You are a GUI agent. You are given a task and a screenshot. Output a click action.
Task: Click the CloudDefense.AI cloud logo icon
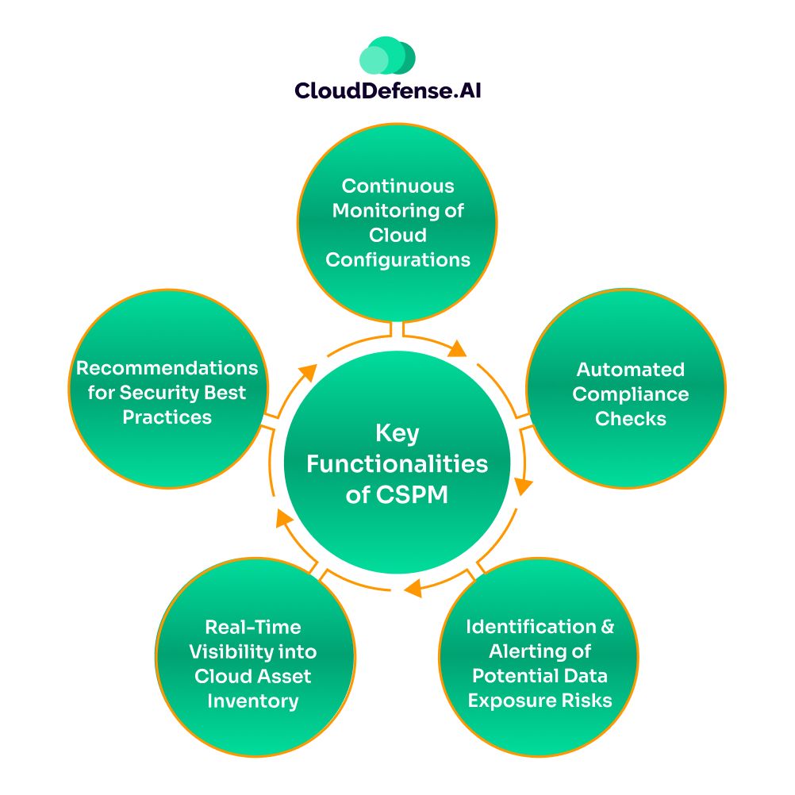(x=387, y=56)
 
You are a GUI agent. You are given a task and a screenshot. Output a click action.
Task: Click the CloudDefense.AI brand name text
(x=388, y=90)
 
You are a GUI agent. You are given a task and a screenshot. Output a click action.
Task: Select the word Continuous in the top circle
(x=397, y=186)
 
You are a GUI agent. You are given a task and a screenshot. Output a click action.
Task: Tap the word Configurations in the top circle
(x=397, y=259)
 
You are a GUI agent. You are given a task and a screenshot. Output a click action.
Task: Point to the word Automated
(x=630, y=369)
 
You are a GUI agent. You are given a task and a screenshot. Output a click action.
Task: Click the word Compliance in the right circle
(x=630, y=394)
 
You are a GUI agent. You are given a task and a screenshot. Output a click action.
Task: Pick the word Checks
(x=630, y=418)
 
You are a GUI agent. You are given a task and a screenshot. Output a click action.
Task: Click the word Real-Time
(x=253, y=627)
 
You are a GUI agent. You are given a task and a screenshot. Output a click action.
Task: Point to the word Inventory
(x=253, y=701)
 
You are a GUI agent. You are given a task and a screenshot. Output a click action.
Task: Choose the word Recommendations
(x=167, y=368)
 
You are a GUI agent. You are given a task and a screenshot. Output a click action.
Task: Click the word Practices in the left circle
(x=167, y=417)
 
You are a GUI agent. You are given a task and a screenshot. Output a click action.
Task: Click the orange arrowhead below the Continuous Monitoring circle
(x=458, y=349)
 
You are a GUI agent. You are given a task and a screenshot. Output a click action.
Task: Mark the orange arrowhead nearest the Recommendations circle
(x=309, y=371)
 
